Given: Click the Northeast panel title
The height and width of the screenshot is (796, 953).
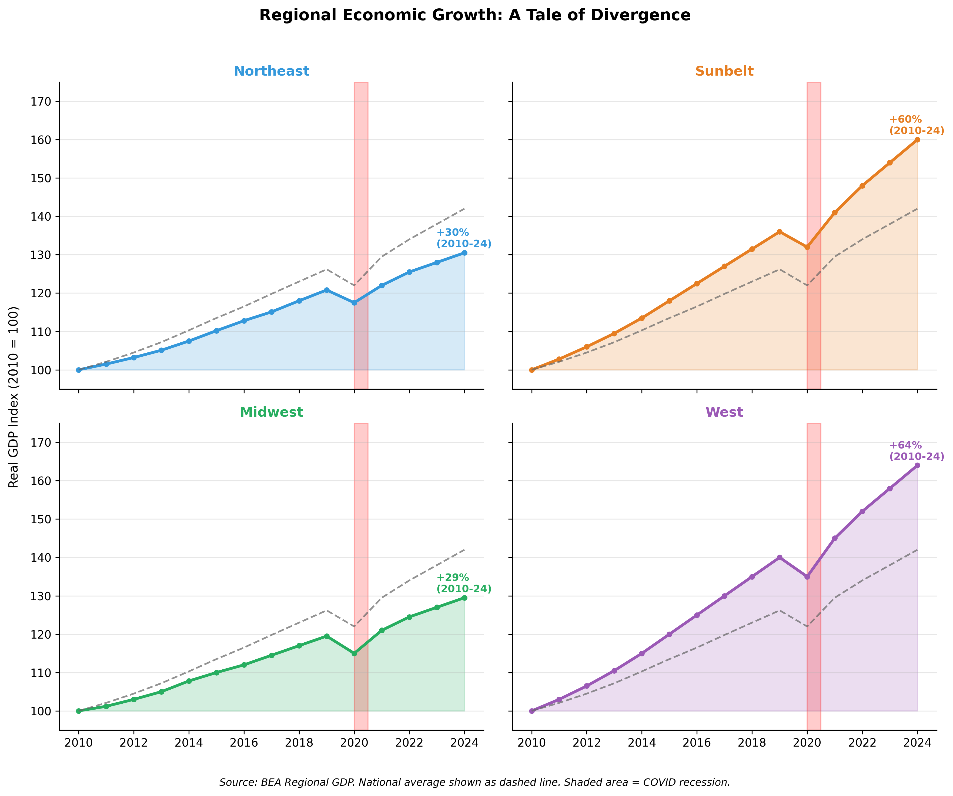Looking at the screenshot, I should point(271,71).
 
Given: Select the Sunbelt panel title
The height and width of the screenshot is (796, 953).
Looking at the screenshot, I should point(724,71).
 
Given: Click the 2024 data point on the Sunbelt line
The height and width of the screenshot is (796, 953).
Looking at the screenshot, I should point(917,140).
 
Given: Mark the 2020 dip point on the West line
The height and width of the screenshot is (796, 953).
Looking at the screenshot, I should point(807,576).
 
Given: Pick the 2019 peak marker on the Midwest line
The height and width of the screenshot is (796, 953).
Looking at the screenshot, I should point(327,636).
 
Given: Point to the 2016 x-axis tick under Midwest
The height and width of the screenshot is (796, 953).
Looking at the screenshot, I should point(244,743).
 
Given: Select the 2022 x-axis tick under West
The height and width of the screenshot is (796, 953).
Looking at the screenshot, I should point(862,743).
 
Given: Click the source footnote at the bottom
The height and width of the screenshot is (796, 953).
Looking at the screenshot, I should point(475,782).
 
